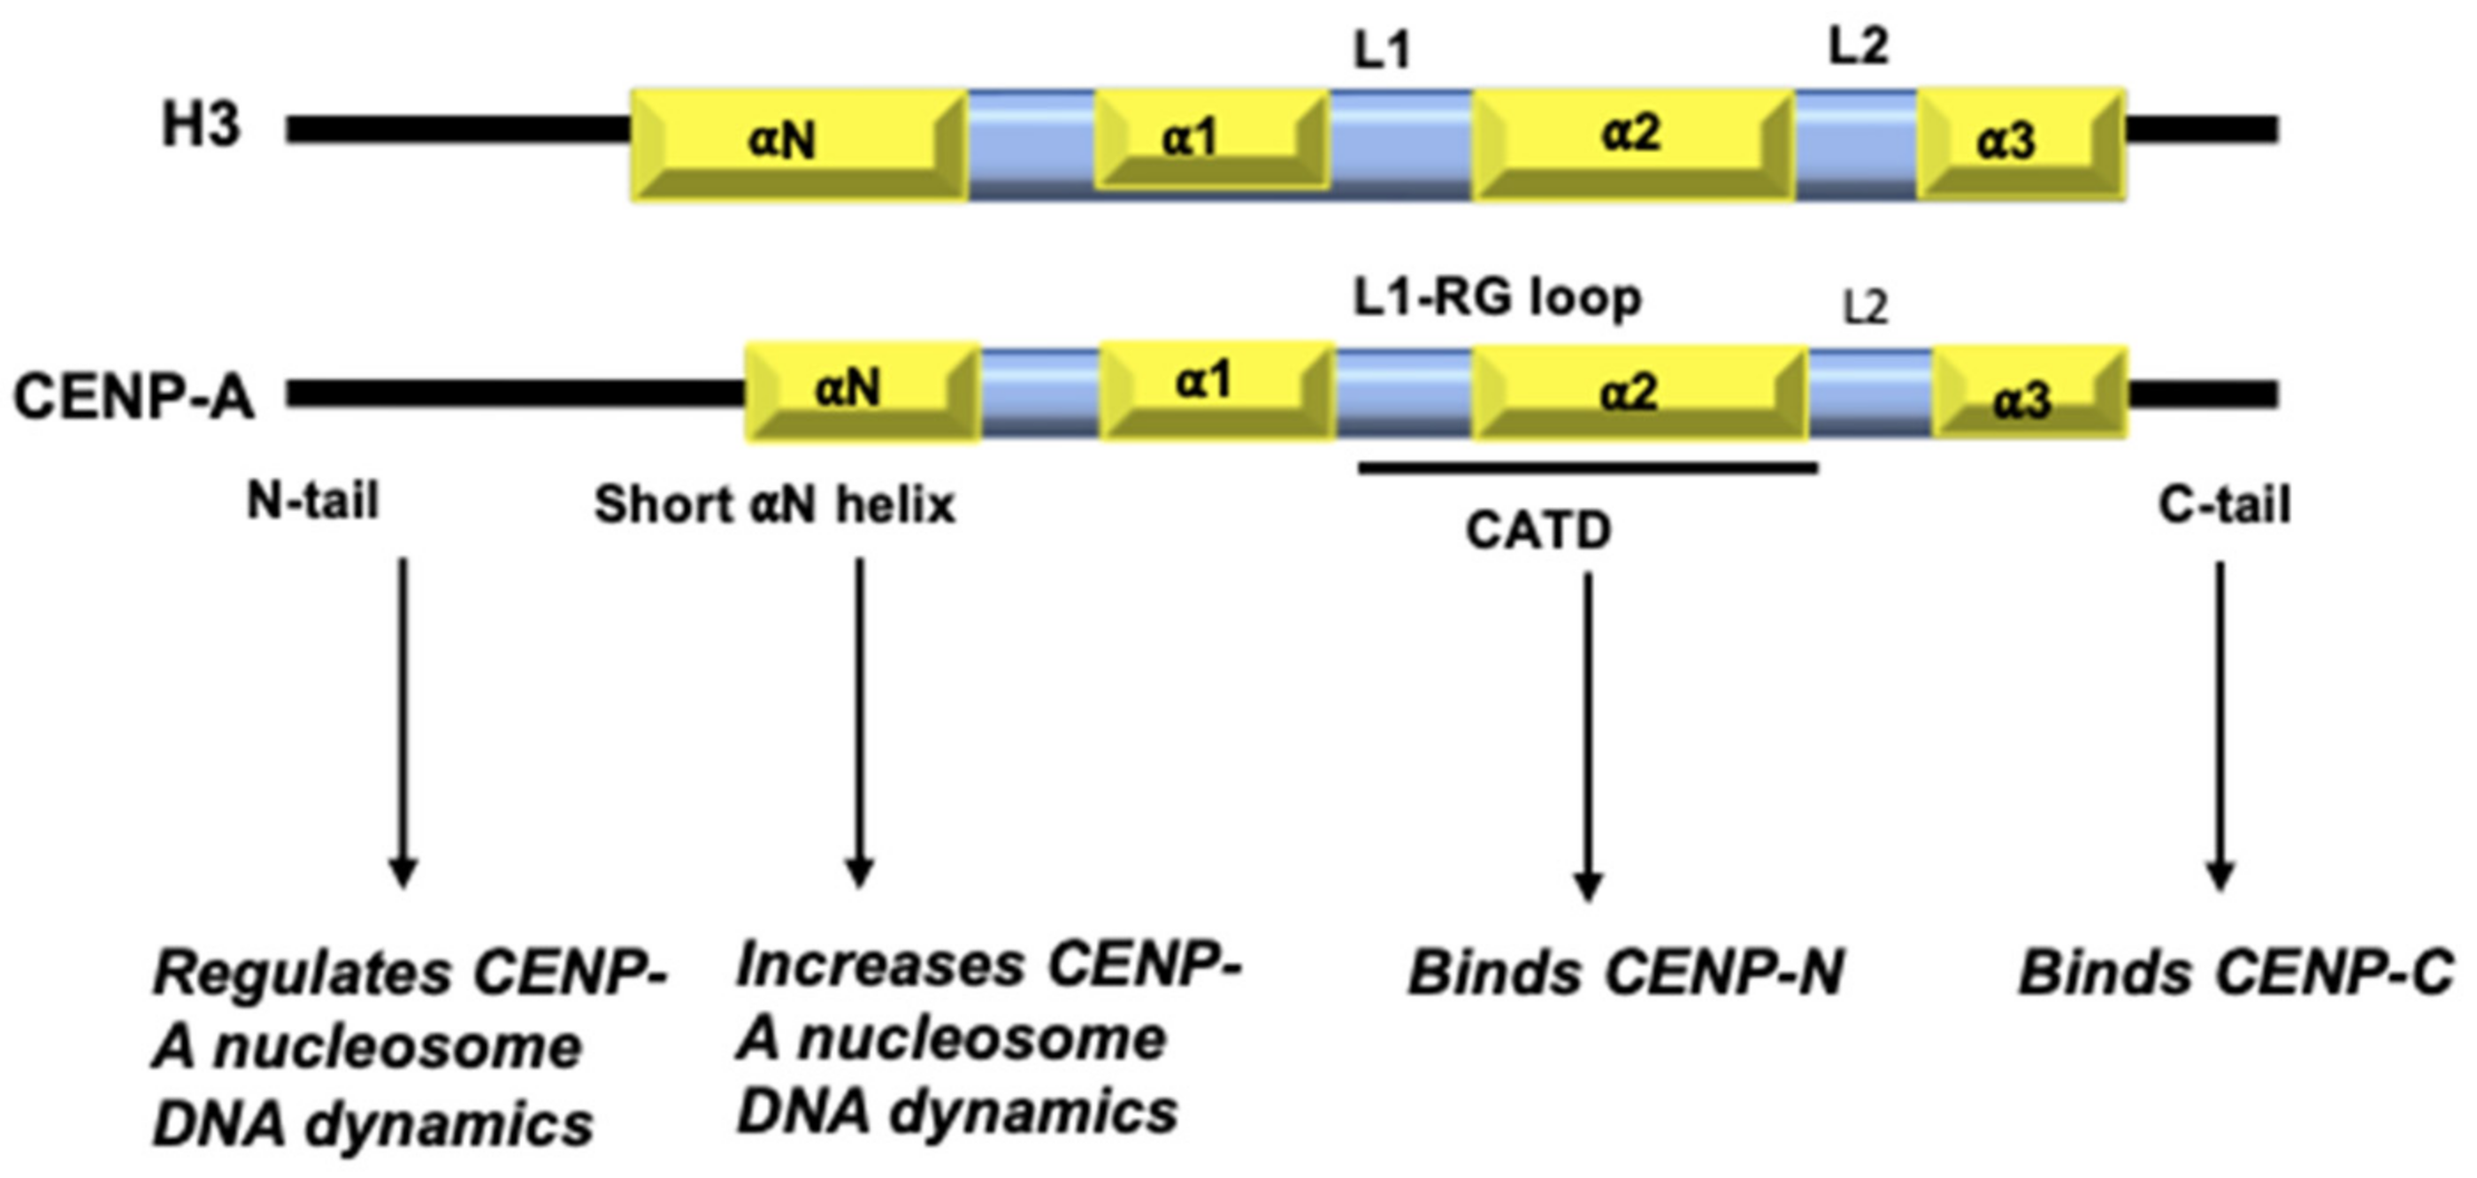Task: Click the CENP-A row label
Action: [x=133, y=396]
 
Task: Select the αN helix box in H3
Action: [x=798, y=144]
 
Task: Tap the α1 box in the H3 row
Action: [x=1212, y=142]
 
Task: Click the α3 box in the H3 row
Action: [x=2021, y=144]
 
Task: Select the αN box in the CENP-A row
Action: [x=862, y=393]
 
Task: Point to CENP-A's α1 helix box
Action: [x=1215, y=390]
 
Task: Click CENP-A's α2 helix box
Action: [x=1637, y=393]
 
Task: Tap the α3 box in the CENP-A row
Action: [x=2028, y=394]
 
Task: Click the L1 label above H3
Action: [x=1382, y=52]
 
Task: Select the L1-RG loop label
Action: [x=1496, y=298]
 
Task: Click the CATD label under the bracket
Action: [x=1538, y=531]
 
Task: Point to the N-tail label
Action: [x=313, y=501]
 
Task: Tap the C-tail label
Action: [x=2224, y=505]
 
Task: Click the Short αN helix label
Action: [x=774, y=505]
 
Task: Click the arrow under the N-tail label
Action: [x=403, y=722]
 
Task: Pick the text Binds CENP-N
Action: [x=1625, y=973]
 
